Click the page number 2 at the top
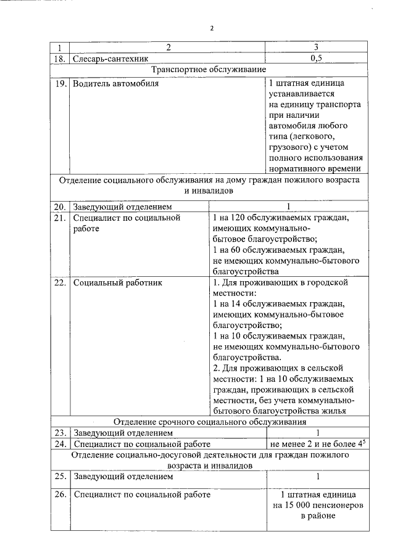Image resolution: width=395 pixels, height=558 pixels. coord(211,28)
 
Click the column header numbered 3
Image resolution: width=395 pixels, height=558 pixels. coord(316,47)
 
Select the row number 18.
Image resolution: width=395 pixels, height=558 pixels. coord(59,59)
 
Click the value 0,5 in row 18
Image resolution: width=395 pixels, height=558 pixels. coord(316,59)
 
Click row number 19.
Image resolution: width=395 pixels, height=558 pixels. coord(59,83)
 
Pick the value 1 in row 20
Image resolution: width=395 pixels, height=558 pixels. coord(288,206)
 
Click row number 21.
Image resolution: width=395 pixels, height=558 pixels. coord(59,218)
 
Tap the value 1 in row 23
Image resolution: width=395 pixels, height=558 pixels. coord(317,433)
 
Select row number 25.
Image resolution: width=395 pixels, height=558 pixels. coord(59,477)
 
